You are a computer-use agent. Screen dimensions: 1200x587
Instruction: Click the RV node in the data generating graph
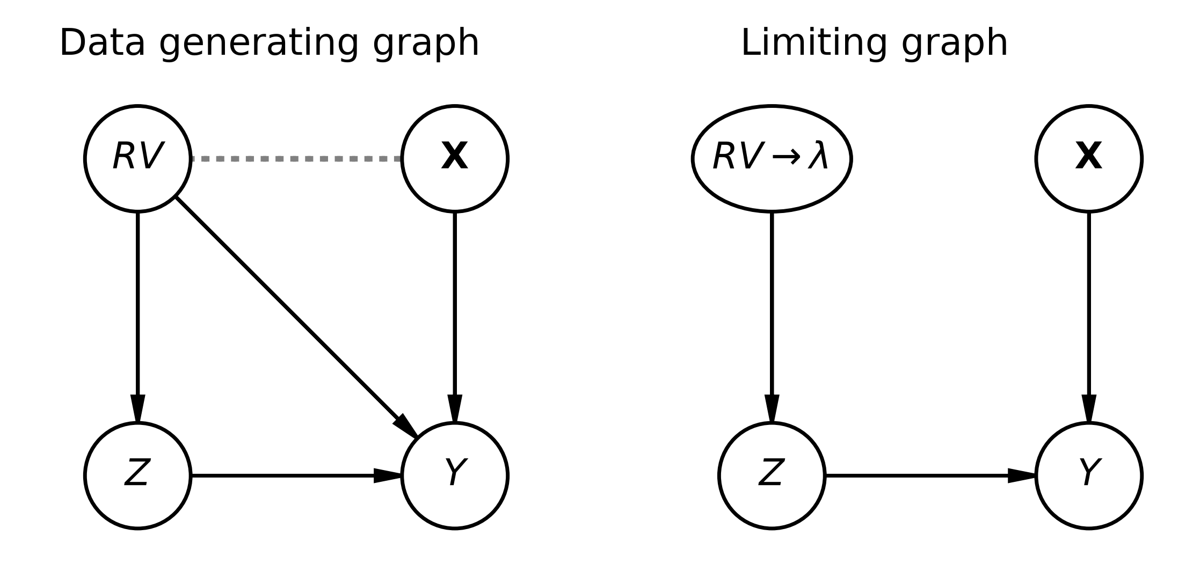point(138,159)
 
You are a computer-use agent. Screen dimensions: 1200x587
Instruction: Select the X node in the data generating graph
point(455,159)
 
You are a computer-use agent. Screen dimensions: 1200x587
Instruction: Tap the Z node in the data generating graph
point(138,475)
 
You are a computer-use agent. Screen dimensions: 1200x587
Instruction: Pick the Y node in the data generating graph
point(455,475)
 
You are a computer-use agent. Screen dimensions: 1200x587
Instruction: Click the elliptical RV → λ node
point(772,159)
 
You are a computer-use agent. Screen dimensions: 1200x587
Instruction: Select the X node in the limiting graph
point(1089,159)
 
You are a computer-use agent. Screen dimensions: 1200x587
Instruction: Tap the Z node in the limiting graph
point(772,475)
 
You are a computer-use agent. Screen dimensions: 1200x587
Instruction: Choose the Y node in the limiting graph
point(1089,475)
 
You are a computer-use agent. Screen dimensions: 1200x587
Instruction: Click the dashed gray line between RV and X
point(296,159)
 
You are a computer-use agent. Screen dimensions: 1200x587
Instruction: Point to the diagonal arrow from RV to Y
point(297,317)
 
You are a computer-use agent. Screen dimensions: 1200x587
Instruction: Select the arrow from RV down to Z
point(138,317)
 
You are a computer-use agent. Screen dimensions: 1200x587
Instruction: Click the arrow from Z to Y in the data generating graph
point(296,475)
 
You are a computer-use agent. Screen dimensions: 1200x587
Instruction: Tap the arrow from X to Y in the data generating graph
point(455,317)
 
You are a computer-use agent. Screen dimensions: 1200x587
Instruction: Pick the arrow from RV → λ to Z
point(772,317)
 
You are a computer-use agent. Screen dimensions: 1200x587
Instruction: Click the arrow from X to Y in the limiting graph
point(1089,317)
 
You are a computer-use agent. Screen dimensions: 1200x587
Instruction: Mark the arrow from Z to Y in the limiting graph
point(930,475)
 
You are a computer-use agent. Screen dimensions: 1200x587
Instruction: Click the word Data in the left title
point(102,43)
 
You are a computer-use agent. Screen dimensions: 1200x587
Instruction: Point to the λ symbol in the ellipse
point(818,158)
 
